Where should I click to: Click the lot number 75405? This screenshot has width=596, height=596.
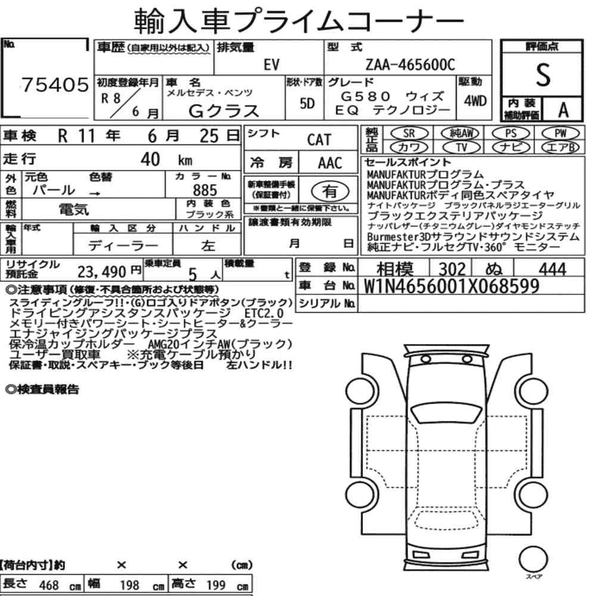pos(55,85)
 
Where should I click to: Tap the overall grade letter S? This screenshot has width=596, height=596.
pos(543,74)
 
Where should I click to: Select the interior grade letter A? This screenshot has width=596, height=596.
pos(563,110)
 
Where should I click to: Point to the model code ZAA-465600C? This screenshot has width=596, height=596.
pos(410,65)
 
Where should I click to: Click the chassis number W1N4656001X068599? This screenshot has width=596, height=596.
pos(452,286)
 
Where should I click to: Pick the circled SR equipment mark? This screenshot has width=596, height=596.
pos(409,134)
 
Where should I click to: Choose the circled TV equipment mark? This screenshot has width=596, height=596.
pos(461,147)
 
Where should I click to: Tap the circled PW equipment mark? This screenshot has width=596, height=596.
pos(561,134)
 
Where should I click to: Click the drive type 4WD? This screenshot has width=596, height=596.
pos(475,101)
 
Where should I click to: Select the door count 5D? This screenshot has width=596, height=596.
pos(308,103)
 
